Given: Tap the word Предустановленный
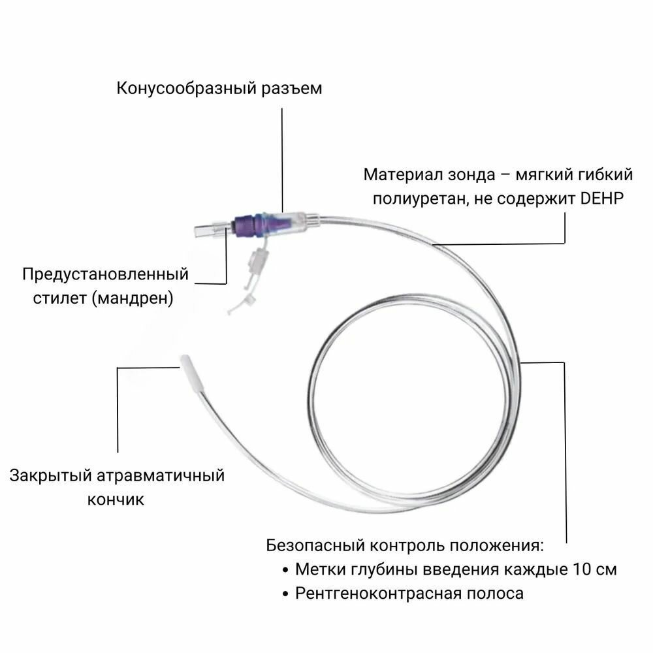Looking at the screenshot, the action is click(105, 274).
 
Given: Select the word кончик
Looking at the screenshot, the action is click(116, 500).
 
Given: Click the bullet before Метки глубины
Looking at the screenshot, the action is click(285, 570).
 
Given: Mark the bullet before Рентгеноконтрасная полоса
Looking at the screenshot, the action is click(285, 594).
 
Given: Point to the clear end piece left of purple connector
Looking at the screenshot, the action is click(208, 231).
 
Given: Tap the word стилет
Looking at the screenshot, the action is click(59, 299).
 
